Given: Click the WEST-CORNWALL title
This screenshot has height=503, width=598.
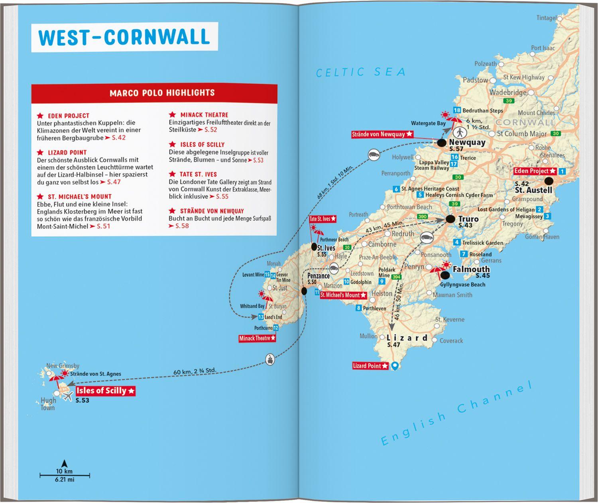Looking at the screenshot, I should tap(124, 37).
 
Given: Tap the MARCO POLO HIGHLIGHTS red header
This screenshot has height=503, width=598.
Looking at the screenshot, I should tap(162, 93).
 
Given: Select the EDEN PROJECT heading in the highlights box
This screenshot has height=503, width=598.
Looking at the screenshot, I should tap(69, 116).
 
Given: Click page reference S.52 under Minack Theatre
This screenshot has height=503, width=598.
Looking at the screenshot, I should tap(210, 130).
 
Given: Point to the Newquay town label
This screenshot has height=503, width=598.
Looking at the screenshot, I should tap(467, 142).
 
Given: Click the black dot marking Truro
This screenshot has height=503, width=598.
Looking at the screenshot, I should tap(450, 219).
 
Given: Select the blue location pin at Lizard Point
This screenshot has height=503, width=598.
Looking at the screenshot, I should tap(395, 365).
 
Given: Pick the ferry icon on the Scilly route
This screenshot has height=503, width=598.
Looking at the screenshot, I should tap(270, 359).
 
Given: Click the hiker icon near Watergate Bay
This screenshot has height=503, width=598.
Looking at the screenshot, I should tap(460, 133).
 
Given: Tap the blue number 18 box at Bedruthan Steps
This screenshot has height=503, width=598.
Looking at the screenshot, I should tap(457, 110).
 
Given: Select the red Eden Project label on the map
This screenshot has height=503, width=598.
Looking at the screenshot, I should tap(535, 171).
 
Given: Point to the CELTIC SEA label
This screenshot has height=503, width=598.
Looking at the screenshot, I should tap(361, 72).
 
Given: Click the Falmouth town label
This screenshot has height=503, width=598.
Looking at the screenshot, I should tap(471, 269).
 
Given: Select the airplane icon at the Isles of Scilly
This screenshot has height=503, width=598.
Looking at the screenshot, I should tap(68, 396).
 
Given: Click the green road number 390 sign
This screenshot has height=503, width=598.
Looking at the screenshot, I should tap(422, 216).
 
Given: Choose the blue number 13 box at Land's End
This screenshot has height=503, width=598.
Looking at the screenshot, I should tap(261, 317).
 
